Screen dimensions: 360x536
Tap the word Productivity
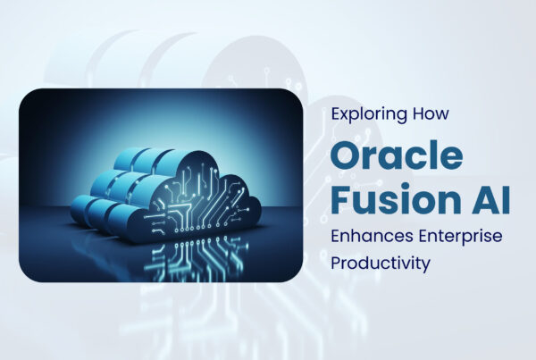pos(381,264)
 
